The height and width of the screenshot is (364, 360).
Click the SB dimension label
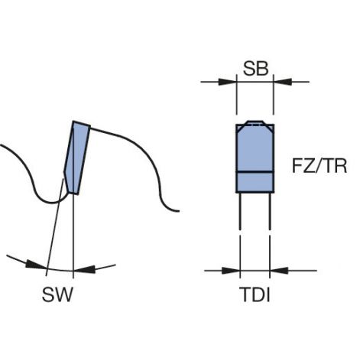[255, 69]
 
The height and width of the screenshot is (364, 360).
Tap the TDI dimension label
[255, 294]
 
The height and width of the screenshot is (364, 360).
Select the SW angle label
[57, 294]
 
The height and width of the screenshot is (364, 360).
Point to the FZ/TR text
[319, 167]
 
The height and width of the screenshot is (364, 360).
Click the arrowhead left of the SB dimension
[228, 82]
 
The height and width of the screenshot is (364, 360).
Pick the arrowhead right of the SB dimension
[282, 82]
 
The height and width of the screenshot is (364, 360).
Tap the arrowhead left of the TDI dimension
[231, 271]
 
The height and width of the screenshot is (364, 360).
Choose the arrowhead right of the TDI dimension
[279, 271]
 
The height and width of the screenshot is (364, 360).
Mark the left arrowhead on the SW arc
[37, 265]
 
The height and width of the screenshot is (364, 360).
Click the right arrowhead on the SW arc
[84, 269]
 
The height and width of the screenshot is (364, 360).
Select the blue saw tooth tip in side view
[77, 158]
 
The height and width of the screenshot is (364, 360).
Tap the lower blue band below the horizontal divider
[255, 183]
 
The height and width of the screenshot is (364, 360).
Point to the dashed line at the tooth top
[255, 125]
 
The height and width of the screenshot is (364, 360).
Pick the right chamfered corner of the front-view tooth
[268, 128]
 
